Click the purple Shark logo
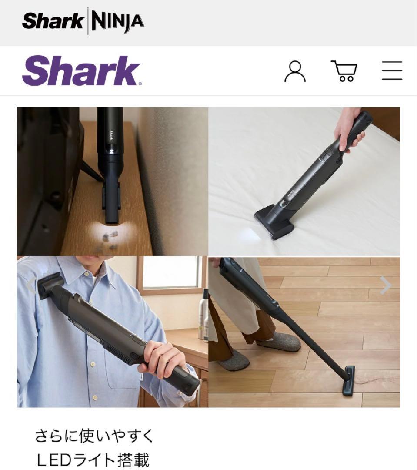(81, 71)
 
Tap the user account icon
(295, 71)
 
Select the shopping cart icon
(344, 71)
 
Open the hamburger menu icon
(392, 71)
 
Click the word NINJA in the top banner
(117, 21)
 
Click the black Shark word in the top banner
(53, 21)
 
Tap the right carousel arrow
(385, 285)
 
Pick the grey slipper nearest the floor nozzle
(279, 342)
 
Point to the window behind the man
(171, 273)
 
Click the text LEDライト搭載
(92, 460)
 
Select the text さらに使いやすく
(94, 436)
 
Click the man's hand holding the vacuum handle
(164, 358)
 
